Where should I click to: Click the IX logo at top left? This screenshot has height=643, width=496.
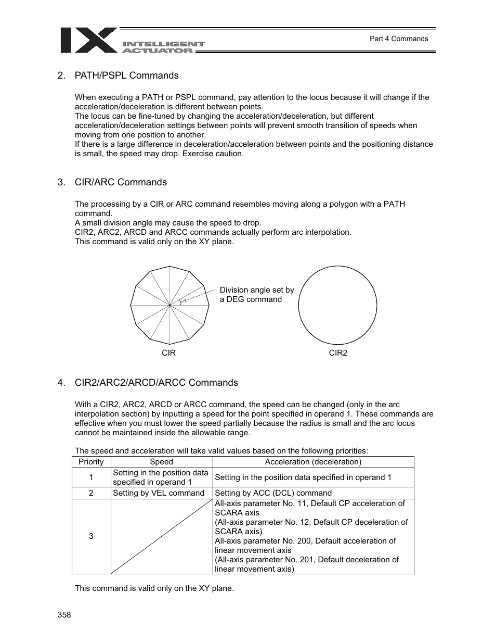(88, 40)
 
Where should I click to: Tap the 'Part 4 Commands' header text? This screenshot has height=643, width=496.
(398, 39)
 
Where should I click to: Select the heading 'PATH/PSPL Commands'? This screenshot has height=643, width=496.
(126, 75)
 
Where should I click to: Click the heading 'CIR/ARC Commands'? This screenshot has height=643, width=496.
(121, 182)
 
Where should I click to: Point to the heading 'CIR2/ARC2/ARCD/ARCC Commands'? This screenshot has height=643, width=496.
(156, 383)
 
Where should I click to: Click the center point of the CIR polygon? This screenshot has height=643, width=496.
(170, 305)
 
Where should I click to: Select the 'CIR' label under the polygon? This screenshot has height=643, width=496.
(168, 353)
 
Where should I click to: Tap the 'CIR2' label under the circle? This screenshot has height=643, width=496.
(338, 353)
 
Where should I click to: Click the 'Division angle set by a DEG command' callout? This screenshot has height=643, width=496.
(256, 295)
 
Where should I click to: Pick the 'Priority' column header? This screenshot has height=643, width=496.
(91, 462)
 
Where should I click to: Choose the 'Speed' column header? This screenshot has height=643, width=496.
(161, 462)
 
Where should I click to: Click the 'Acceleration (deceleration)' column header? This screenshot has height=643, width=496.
(313, 462)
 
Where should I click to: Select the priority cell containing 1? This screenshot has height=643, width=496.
(91, 477)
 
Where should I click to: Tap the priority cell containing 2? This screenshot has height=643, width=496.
(91, 493)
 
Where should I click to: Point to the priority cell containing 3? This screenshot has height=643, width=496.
(91, 536)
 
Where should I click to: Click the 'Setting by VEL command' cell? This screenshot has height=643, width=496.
(159, 493)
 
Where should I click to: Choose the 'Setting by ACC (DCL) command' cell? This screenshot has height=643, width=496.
(273, 493)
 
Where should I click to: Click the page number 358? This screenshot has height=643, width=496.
(64, 615)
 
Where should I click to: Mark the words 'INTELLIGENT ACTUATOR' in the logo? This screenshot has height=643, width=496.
(163, 47)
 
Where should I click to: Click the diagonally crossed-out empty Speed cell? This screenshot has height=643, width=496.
(161, 536)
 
